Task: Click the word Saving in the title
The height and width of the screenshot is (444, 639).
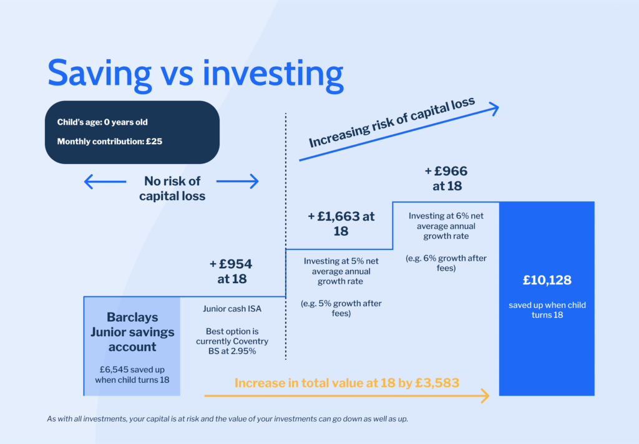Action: tap(99, 75)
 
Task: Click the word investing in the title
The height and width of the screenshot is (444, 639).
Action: tap(273, 75)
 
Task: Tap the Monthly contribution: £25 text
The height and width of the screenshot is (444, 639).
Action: tap(110, 142)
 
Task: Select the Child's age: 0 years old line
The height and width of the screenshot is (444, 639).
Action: tap(102, 122)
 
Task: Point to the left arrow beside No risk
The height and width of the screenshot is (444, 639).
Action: tap(105, 181)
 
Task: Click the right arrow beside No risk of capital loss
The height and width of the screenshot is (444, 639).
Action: tap(238, 181)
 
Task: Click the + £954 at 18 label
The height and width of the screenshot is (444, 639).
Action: tap(231, 271)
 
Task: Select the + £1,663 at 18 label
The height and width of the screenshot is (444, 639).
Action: tap(341, 224)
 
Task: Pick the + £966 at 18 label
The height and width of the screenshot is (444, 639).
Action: tap(446, 178)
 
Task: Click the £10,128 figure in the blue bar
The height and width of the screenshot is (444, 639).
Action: tap(547, 280)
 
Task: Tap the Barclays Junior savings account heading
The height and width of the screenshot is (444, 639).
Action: tap(132, 332)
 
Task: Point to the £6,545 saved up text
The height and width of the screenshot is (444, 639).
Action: tap(132, 375)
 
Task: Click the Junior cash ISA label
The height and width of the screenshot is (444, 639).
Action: tap(232, 309)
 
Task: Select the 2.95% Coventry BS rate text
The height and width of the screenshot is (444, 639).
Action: tap(232, 341)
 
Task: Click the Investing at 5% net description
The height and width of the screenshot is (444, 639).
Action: tap(341, 271)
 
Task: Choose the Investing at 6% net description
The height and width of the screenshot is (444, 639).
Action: tap(446, 226)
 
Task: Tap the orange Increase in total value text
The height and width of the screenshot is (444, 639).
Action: tap(347, 383)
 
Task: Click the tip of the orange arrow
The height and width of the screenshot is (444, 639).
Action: tap(489, 395)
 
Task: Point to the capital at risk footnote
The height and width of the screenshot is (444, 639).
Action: tap(227, 419)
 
